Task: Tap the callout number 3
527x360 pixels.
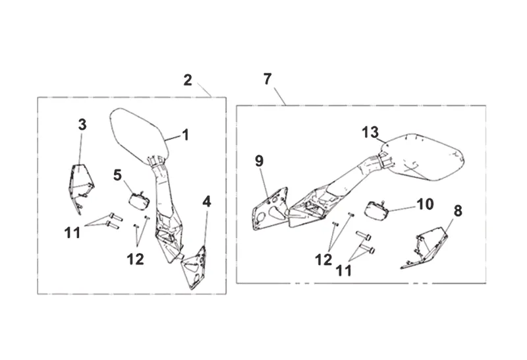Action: coord(82,124)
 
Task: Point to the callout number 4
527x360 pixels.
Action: coord(207,201)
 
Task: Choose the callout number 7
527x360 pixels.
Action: coord(267,78)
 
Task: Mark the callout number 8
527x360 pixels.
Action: coord(458,211)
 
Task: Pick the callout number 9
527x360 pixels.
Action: coord(259,160)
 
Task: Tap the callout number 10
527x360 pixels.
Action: coord(425,204)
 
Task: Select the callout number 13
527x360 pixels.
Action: coord(371,132)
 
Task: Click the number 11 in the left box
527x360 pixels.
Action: coord(72,232)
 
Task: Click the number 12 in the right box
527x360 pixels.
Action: coord(323,260)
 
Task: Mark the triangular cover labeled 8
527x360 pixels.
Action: coord(428,247)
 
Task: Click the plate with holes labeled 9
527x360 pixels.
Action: coord(270,208)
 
